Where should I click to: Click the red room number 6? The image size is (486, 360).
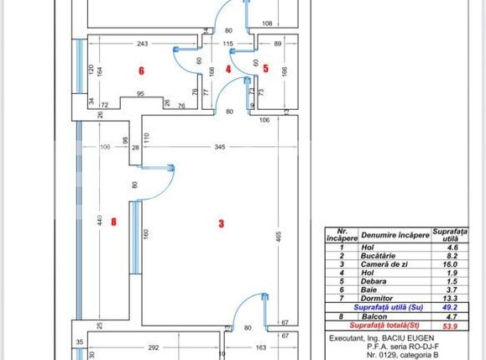pos(142,70)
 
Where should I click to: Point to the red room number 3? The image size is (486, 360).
pos(222,223)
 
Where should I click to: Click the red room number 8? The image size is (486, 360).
pos(113,222)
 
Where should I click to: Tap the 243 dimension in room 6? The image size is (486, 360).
pos(143,44)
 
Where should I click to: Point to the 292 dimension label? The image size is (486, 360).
pos(154,346)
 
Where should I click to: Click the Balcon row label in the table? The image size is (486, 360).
pos(377,316)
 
